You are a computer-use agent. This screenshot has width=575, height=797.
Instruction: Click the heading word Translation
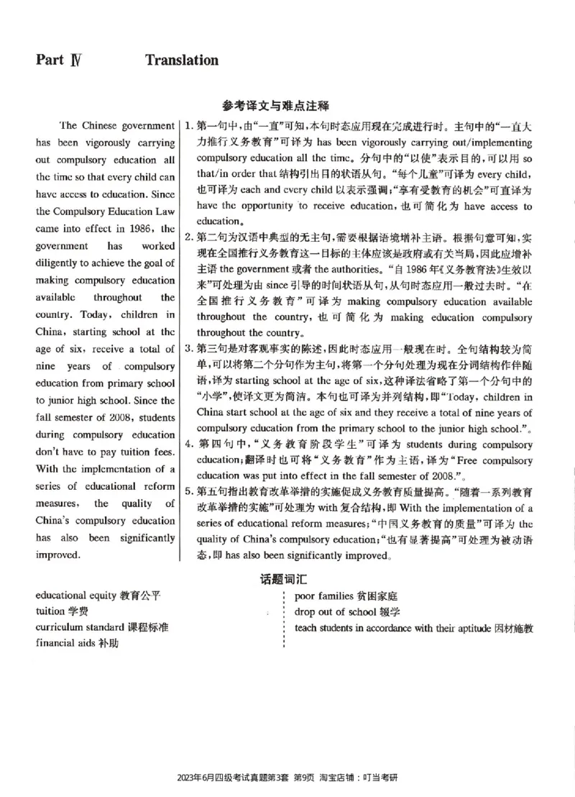click(182, 60)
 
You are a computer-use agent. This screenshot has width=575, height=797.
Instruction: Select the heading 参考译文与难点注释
click(275, 106)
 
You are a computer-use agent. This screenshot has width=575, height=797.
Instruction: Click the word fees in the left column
click(160, 452)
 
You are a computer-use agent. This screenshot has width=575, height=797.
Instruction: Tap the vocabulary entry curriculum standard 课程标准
click(101, 627)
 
